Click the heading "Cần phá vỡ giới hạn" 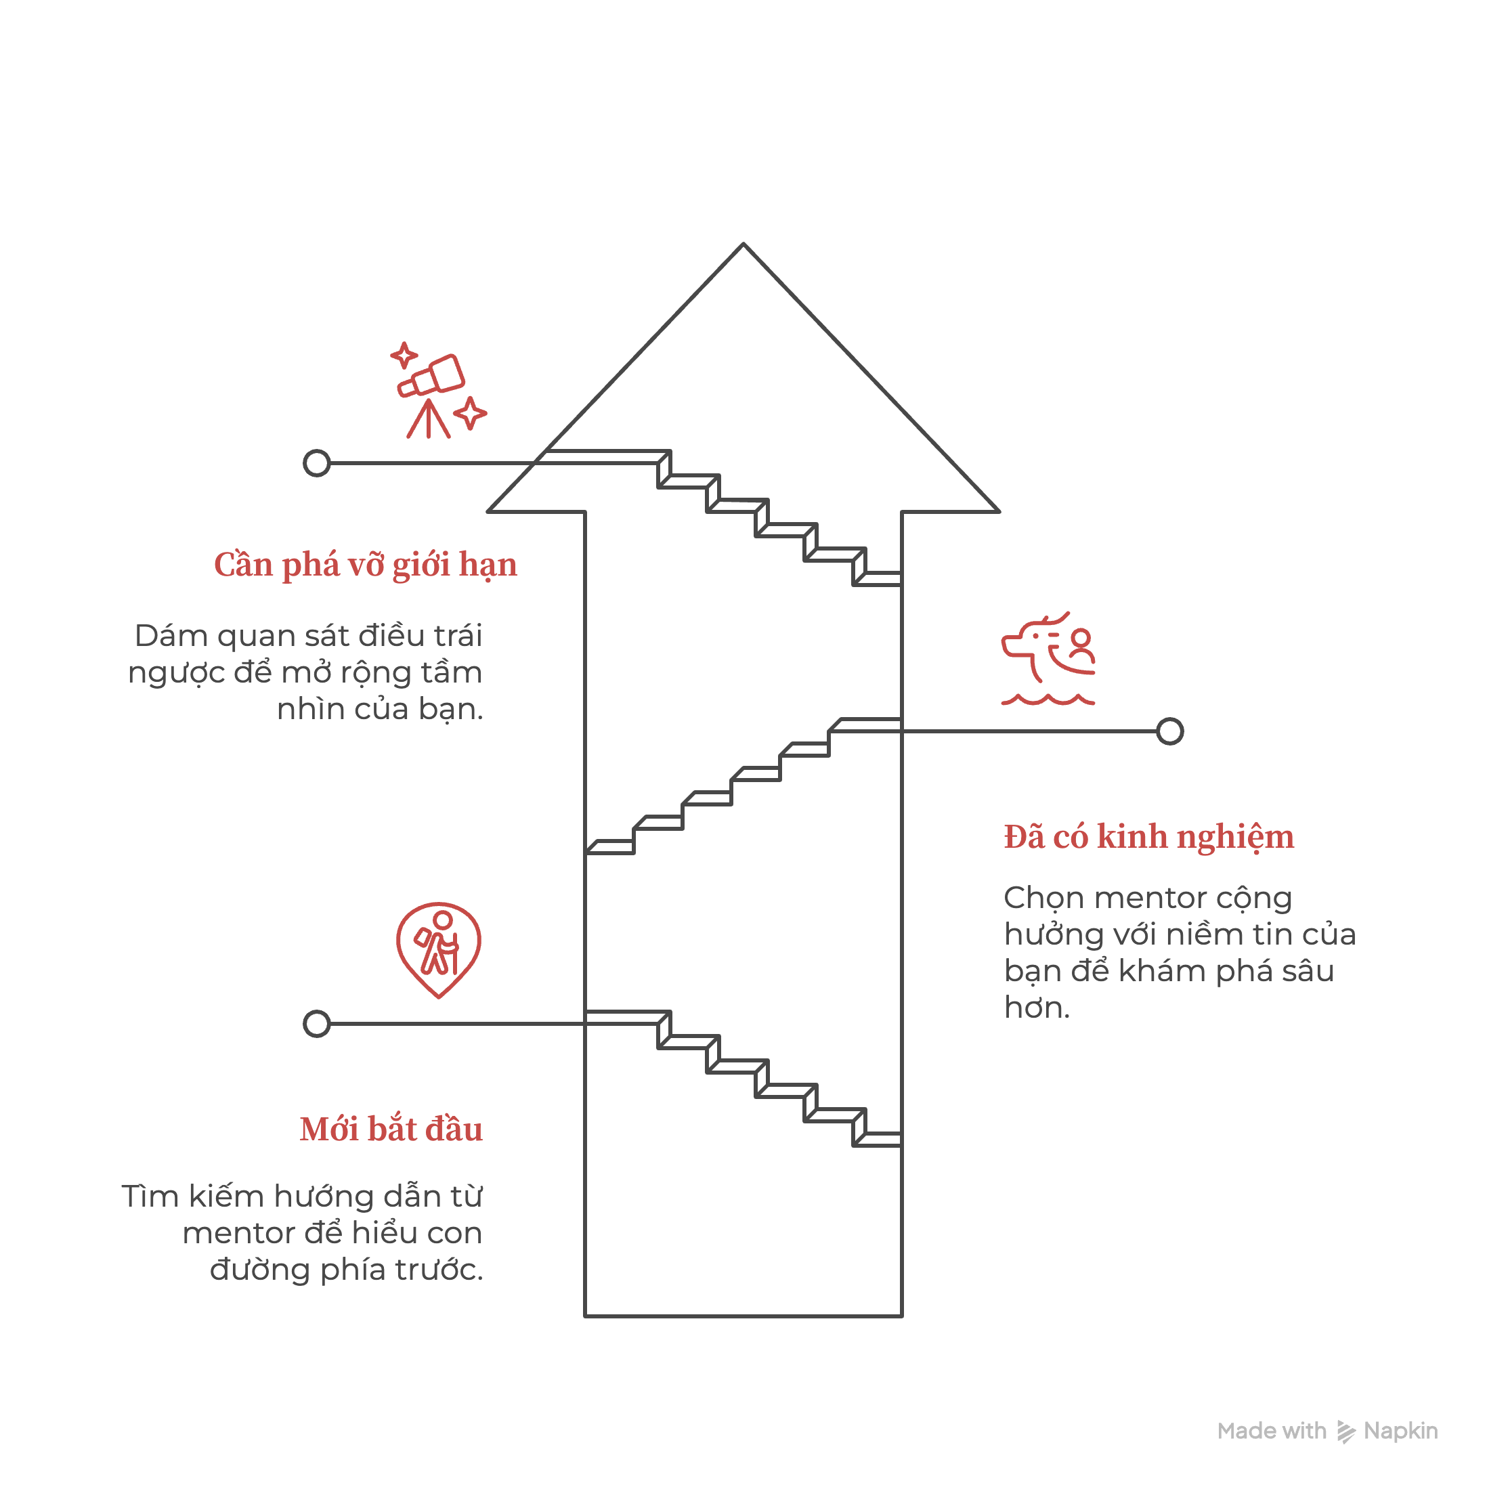365,565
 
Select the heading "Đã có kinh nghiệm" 1148,837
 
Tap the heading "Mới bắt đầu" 391,1129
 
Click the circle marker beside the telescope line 316,463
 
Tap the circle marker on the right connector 1169,731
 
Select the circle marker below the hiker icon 316,1024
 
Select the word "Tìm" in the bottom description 150,1196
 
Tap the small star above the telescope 404,355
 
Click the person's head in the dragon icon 1081,638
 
